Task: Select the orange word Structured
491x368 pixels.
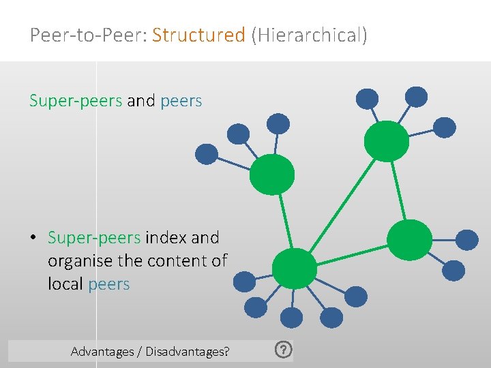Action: click(198, 35)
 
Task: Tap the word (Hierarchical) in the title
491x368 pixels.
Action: click(309, 35)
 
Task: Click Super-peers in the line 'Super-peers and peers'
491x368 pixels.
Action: click(76, 102)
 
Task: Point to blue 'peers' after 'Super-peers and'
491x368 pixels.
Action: click(181, 102)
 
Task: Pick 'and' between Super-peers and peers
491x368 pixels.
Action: click(141, 102)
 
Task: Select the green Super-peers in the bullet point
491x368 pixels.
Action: click(94, 238)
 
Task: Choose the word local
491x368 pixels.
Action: click(66, 283)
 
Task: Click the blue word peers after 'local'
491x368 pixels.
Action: click(109, 283)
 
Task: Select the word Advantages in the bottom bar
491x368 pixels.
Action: click(102, 352)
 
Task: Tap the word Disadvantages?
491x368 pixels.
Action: click(186, 352)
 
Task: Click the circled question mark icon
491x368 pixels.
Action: click(284, 350)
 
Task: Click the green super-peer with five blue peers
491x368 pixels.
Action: click(294, 269)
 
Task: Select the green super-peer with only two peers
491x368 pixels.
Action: click(409, 239)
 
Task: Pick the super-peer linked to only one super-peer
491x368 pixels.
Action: click(272, 174)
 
